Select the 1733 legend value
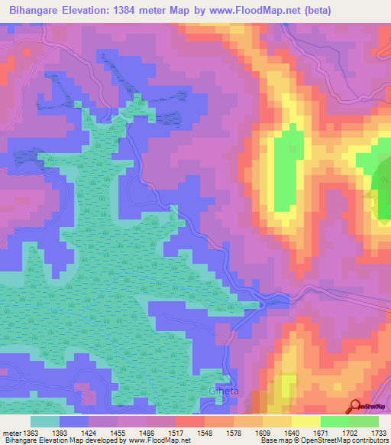377,432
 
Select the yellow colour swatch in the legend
305,421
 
